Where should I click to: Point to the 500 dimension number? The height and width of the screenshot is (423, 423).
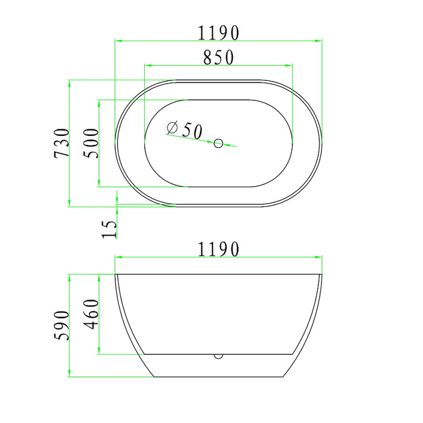91,143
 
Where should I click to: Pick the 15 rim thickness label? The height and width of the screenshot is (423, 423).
109,228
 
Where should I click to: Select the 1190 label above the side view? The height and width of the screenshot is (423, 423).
219,248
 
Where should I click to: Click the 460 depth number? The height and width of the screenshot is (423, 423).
91,314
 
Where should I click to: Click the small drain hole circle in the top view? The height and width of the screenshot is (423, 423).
219,143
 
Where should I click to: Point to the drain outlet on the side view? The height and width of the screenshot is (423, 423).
218,356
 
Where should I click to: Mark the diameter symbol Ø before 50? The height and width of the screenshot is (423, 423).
171,128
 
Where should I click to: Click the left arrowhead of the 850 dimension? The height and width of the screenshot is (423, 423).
147,65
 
